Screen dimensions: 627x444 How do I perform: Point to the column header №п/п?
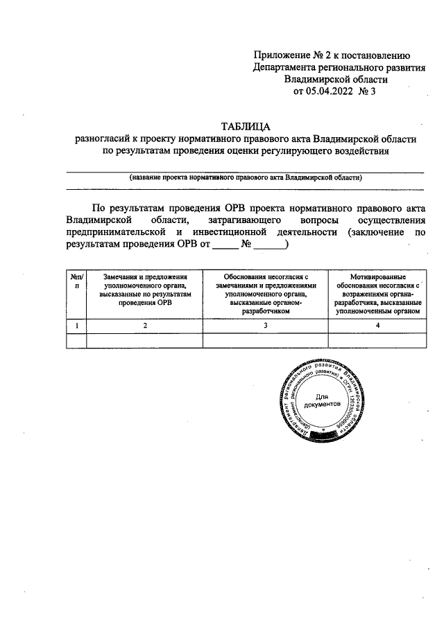[76, 281]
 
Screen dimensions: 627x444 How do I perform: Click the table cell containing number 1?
[76, 324]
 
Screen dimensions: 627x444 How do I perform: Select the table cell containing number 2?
[145, 324]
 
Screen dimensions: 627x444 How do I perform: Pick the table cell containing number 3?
[265, 324]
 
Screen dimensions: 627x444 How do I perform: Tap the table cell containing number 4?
[378, 324]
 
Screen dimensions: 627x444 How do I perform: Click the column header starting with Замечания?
[145, 289]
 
